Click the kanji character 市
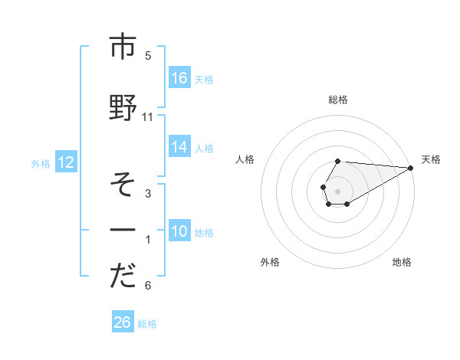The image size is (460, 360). point(123,47)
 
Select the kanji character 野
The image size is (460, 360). point(123,108)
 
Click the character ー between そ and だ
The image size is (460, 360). point(123,230)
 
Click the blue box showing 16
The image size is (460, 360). point(179,77)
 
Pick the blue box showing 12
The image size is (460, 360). point(65,162)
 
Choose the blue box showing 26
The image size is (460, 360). point(123,322)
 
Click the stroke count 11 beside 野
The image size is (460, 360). point(148,117)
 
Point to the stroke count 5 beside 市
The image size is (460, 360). point(148,56)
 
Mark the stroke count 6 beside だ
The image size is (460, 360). point(148,286)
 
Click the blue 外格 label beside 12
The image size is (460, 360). point(41,162)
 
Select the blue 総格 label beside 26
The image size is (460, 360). point(147,323)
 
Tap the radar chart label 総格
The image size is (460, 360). point(338,100)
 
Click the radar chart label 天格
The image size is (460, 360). point(431,159)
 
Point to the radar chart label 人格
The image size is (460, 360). point(245,159)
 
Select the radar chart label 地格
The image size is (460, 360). point(402,262)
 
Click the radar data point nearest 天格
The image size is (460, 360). point(411,168)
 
